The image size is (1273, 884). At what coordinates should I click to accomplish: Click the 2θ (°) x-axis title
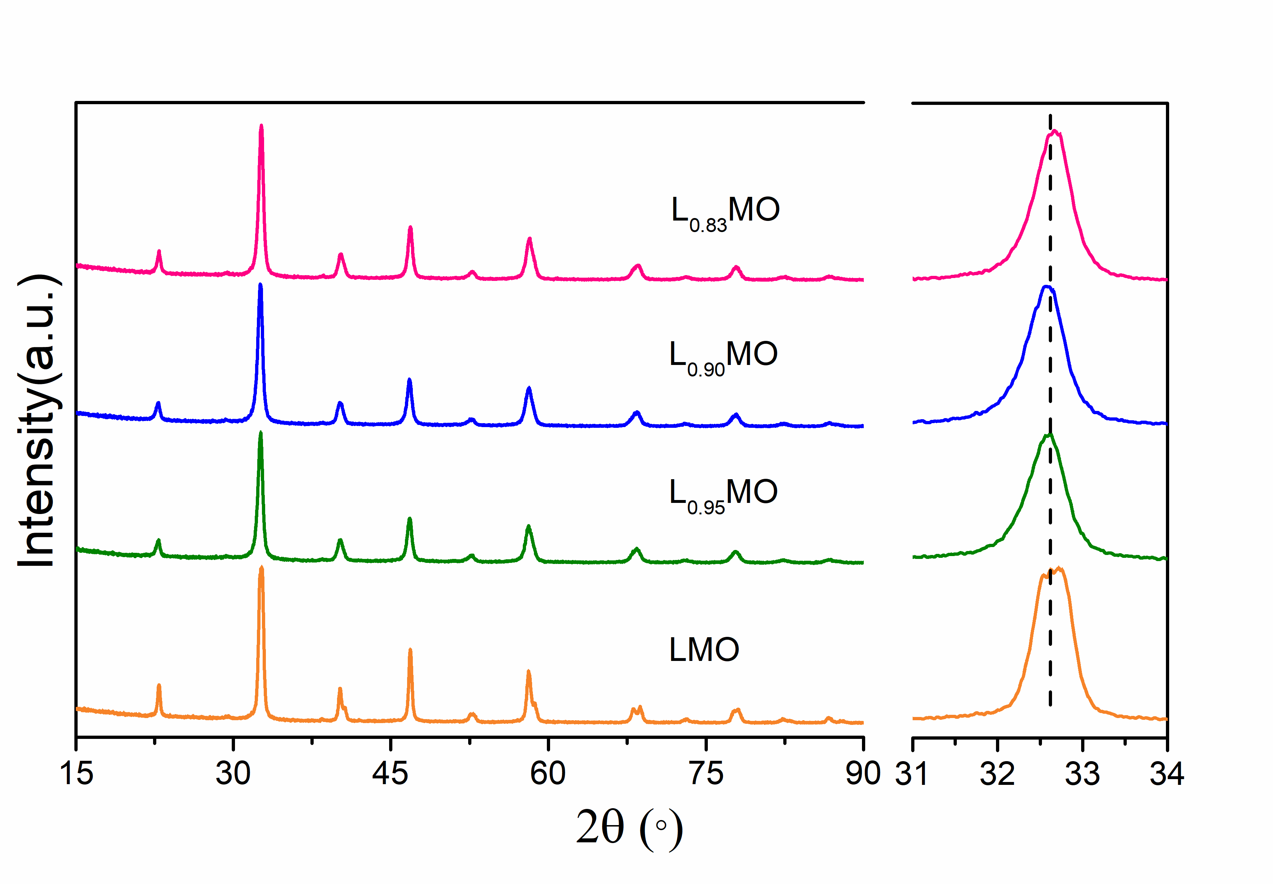click(x=629, y=828)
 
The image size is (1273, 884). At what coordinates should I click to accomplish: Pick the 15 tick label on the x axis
click(x=77, y=773)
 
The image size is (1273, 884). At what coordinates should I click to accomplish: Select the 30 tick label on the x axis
click(x=233, y=773)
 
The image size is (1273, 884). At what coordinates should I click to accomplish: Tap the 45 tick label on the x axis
click(x=391, y=773)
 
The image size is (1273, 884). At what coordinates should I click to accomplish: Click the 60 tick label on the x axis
click(x=548, y=773)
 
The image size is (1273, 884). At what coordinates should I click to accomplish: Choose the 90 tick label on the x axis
click(x=863, y=773)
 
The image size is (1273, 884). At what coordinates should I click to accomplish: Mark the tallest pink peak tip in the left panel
click(x=262, y=126)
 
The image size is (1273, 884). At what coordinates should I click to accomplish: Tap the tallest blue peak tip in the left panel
click(x=260, y=285)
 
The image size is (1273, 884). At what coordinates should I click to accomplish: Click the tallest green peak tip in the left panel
click(x=260, y=433)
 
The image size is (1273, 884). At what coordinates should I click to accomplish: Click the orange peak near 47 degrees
click(x=410, y=650)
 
